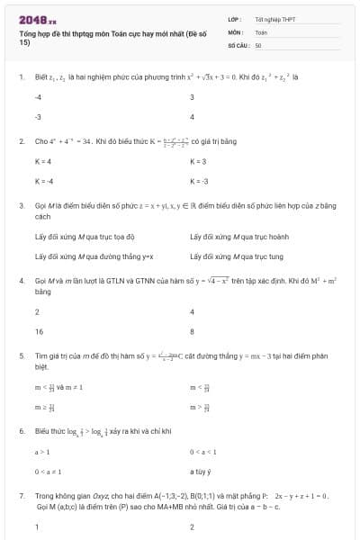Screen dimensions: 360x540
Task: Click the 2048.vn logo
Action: pyautogui.click(x=37, y=20)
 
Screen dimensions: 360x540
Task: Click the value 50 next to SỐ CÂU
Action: pyautogui.click(x=258, y=44)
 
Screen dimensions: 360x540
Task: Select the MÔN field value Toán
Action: pyautogui.click(x=262, y=31)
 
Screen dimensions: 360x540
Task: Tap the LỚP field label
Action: pyautogui.click(x=235, y=19)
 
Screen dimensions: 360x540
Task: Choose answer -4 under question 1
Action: pyautogui.click(x=38, y=97)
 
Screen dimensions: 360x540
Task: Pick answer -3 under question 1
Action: pyautogui.click(x=38, y=117)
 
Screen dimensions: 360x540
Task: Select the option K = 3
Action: pyautogui.click(x=199, y=161)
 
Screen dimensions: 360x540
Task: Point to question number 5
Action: pyautogui.click(x=21, y=356)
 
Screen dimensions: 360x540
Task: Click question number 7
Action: pyautogui.click(x=21, y=496)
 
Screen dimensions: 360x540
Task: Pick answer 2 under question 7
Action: pyautogui.click(x=193, y=527)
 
